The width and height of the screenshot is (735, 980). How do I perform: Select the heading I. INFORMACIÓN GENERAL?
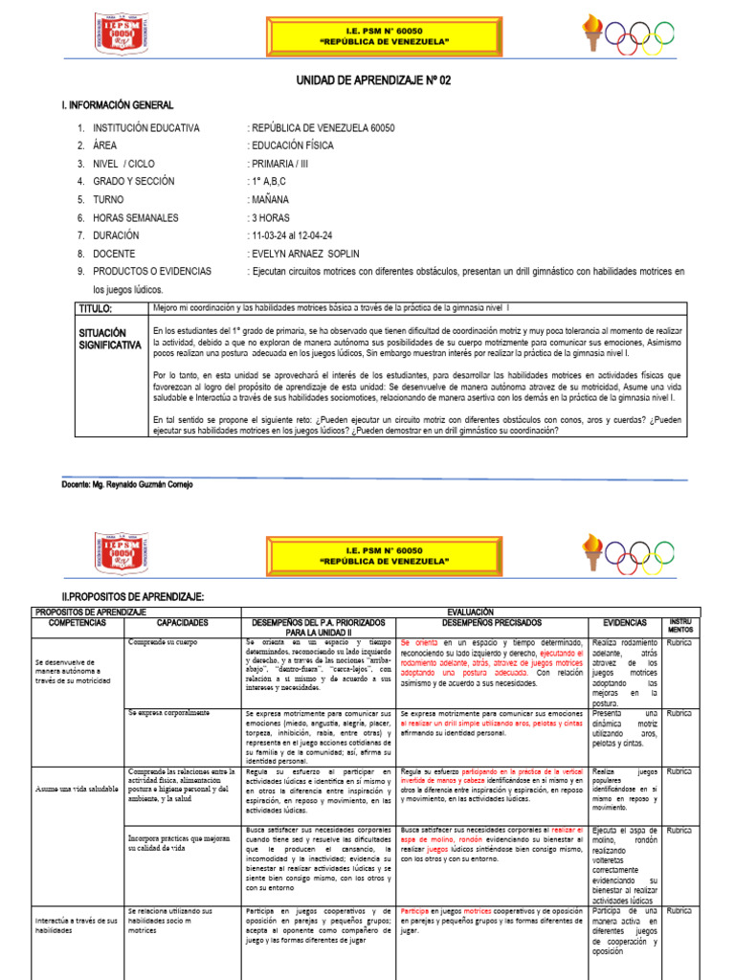point(118,104)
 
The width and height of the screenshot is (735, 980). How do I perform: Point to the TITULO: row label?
point(96,309)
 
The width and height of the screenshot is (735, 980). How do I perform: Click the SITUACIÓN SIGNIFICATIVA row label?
point(108,338)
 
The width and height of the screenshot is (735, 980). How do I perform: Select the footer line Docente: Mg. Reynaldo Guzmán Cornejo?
point(126,485)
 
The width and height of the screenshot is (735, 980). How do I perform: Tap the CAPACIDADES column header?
point(182,622)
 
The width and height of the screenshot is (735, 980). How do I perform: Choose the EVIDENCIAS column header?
point(626,622)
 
